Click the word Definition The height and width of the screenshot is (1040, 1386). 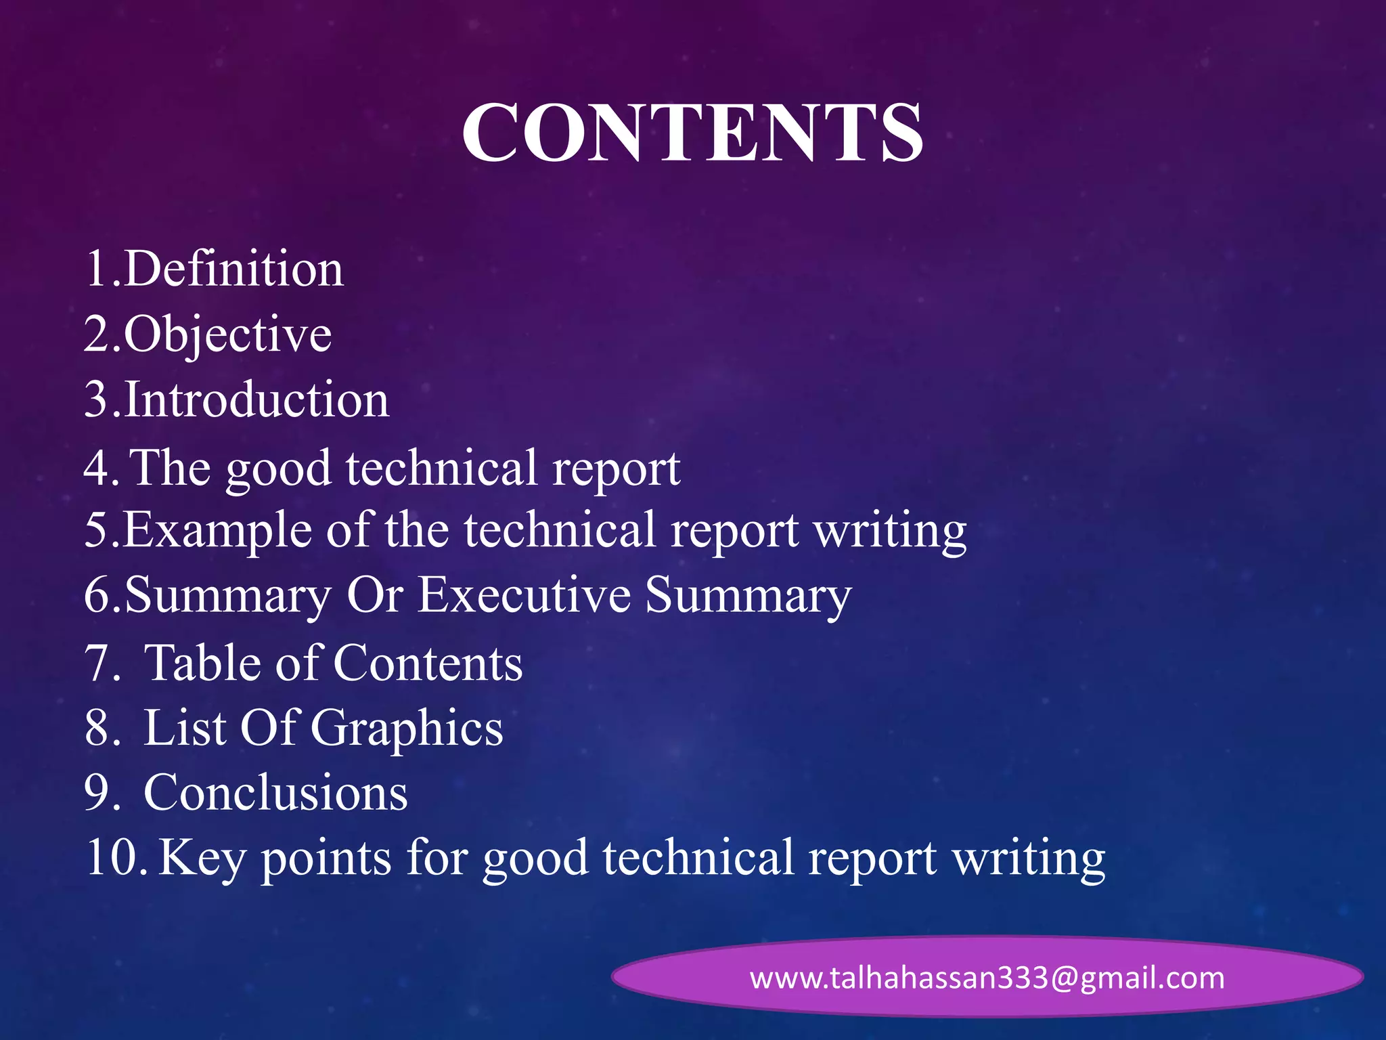(x=233, y=269)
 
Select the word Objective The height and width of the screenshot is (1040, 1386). (x=227, y=334)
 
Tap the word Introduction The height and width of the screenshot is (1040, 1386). (x=256, y=399)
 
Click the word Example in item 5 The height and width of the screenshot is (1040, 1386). (x=218, y=529)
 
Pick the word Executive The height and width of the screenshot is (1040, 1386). (x=524, y=595)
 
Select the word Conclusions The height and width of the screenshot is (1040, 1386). (x=275, y=792)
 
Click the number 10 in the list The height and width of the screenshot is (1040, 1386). (x=112, y=858)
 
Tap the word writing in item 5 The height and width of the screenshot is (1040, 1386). (x=890, y=531)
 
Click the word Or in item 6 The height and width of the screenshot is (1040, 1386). (x=375, y=595)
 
